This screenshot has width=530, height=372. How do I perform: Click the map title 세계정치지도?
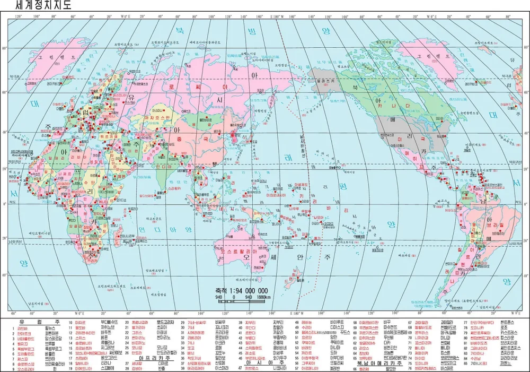37,6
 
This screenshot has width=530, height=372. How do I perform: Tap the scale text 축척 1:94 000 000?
241,290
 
